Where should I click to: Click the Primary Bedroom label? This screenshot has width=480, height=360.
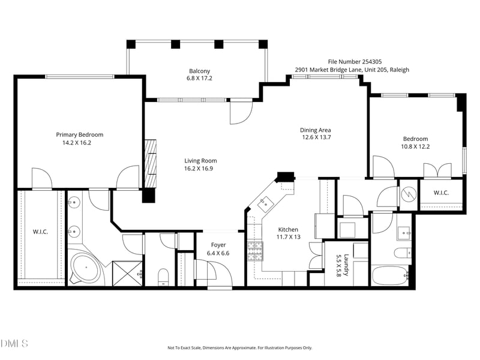pos(80,135)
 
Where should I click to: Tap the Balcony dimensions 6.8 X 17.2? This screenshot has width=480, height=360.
pos(199,78)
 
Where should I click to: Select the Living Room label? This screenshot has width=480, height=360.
pos(200,160)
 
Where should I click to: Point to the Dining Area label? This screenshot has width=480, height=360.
pos(316,130)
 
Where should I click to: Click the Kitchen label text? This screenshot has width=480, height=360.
pos(288,229)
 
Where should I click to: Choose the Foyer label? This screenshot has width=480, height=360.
pos(218,245)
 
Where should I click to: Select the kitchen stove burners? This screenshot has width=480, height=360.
pos(256,251)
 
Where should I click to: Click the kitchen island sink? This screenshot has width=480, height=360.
pos(264,204)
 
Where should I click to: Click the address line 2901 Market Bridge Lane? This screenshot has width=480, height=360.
pos(352,70)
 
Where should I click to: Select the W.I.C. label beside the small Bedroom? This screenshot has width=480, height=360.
pos(441,193)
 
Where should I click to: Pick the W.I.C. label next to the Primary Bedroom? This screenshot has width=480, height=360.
pos(40,232)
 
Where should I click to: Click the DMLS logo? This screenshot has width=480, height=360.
pos(15,343)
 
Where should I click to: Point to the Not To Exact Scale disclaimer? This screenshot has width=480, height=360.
pos(239,348)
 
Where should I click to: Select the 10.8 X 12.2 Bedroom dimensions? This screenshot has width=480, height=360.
pos(415,146)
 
